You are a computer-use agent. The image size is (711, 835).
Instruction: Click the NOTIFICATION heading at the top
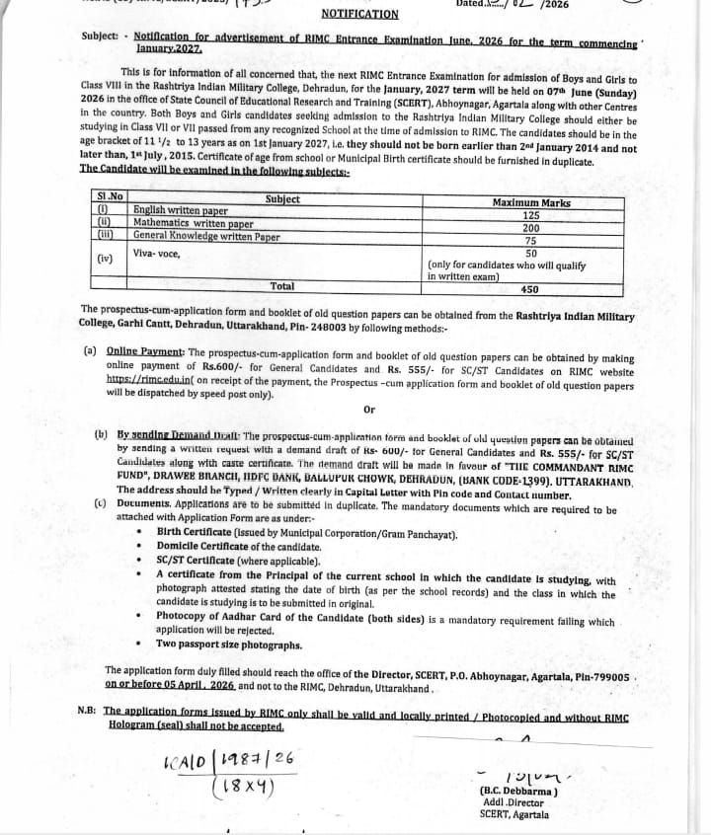[360, 15]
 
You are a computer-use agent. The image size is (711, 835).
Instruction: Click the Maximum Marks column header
[530, 201]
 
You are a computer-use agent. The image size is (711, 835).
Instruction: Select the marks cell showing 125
[531, 214]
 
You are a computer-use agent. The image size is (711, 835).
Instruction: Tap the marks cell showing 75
[531, 239]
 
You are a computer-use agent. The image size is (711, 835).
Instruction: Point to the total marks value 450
[529, 289]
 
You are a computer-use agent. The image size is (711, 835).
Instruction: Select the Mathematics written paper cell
[194, 224]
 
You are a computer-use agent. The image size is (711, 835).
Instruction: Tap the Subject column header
[282, 199]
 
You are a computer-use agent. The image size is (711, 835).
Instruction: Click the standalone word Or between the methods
[369, 409]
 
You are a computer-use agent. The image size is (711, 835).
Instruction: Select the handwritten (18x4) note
[241, 789]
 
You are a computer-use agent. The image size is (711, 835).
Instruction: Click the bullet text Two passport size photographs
[229, 645]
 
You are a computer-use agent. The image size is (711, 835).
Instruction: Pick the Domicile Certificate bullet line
[239, 546]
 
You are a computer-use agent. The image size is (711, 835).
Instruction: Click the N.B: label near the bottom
[87, 711]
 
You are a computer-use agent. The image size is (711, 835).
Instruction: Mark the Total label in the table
[282, 286]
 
